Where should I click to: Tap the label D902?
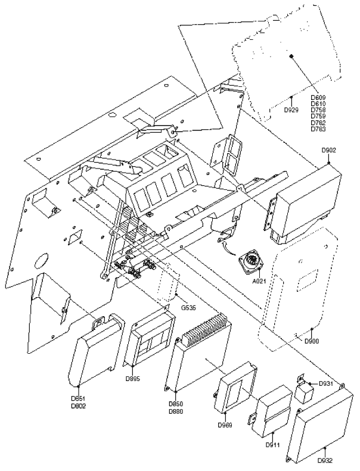(x=329, y=151)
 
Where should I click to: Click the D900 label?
(x=311, y=341)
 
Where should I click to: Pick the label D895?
(x=133, y=379)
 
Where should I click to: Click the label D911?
(x=273, y=444)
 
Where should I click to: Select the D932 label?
(x=325, y=460)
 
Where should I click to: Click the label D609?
(x=318, y=97)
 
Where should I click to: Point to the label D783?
(x=318, y=129)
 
